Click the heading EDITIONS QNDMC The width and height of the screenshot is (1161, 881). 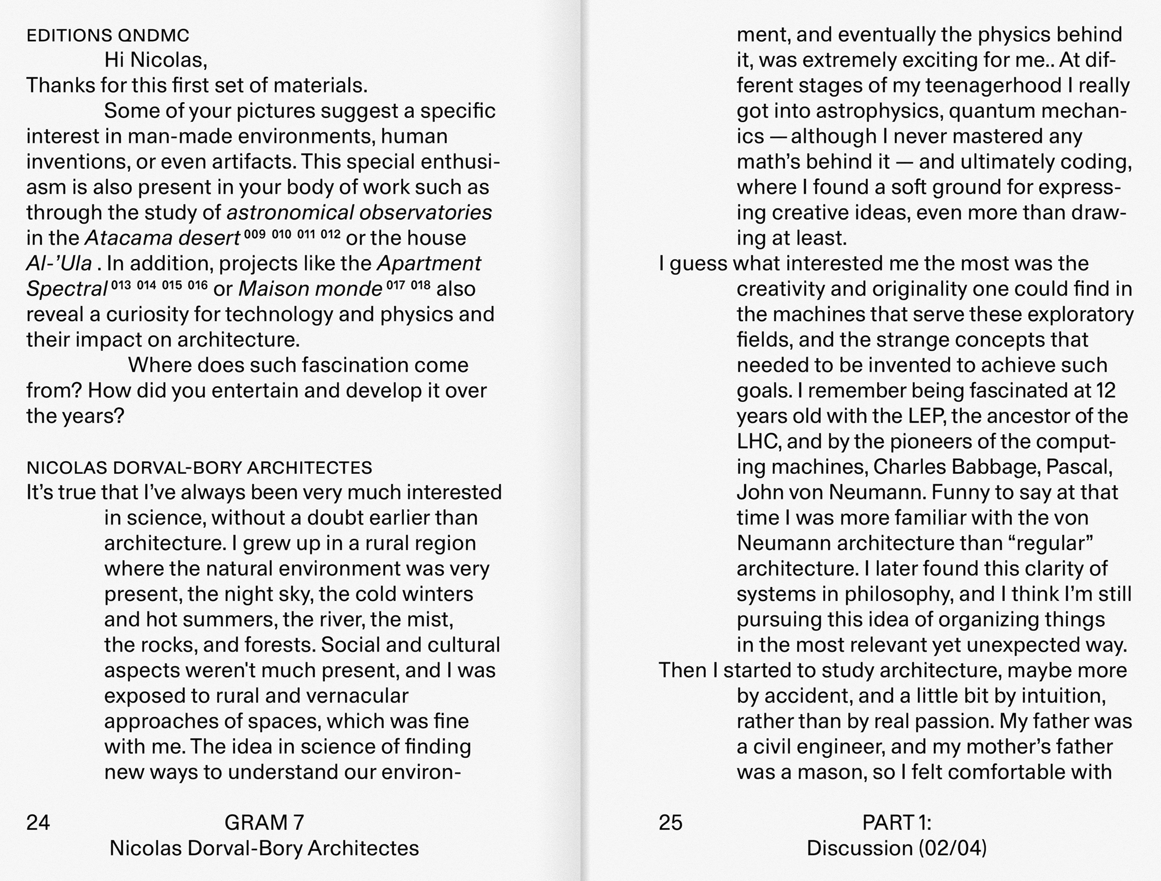click(x=108, y=36)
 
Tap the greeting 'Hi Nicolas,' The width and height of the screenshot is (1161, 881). click(x=156, y=60)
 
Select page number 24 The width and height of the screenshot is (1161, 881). click(x=38, y=822)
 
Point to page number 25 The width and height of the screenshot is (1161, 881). click(x=670, y=822)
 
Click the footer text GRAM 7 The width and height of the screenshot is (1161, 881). click(x=264, y=822)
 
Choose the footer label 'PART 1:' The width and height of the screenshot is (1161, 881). click(x=897, y=822)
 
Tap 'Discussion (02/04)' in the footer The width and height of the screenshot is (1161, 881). click(x=897, y=848)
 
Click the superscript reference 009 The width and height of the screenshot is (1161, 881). click(x=255, y=234)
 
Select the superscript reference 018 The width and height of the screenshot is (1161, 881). click(x=420, y=285)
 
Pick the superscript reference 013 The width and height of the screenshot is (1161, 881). click(x=121, y=285)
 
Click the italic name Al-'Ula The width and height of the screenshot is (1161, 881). click(x=59, y=264)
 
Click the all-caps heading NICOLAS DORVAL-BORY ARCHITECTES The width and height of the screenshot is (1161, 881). click(x=199, y=468)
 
